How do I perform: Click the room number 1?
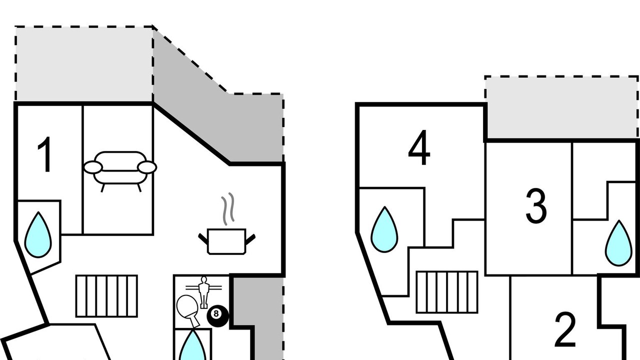pyautogui.click(x=45, y=154)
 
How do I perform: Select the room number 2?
pyautogui.click(x=565, y=329)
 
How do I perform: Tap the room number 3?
pyautogui.click(x=536, y=205)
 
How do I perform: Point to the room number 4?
pyautogui.click(x=419, y=147)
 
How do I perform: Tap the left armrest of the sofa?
pyautogui.click(x=93, y=167)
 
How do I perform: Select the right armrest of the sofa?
pyautogui.click(x=147, y=167)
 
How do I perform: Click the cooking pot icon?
pyautogui.click(x=226, y=241)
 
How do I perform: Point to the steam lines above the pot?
pyautogui.click(x=228, y=208)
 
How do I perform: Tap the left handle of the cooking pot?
pyautogui.click(x=203, y=238)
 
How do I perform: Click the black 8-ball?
pyautogui.click(x=217, y=316)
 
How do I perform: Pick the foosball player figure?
pyautogui.click(x=203, y=292)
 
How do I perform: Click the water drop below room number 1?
pyautogui.click(x=38, y=235)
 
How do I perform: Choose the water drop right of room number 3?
pyautogui.click(x=619, y=243)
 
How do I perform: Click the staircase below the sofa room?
pyautogui.click(x=106, y=296)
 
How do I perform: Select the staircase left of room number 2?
pyautogui.click(x=447, y=292)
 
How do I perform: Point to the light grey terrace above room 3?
pyautogui.click(x=561, y=107)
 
